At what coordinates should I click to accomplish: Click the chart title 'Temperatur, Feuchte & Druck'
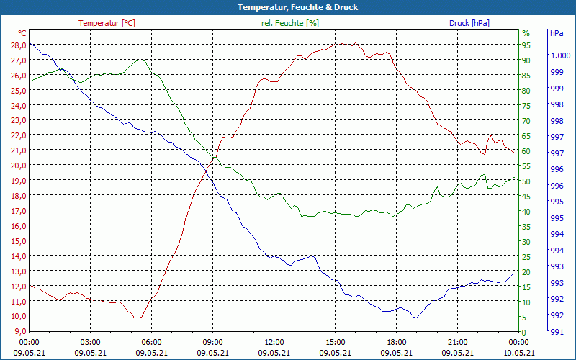click(287, 7)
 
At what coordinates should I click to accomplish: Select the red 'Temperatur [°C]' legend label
click(107, 23)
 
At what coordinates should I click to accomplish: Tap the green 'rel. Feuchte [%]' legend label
click(290, 23)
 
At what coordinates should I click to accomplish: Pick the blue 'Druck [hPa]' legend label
click(469, 23)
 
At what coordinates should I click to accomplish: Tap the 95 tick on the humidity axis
click(526, 45)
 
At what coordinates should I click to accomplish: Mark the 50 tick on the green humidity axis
click(526, 181)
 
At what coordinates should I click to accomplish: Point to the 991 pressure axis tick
click(556, 331)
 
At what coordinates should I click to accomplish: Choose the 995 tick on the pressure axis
click(556, 218)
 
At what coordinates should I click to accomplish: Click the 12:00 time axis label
click(274, 342)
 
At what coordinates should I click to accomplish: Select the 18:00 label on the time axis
click(396, 342)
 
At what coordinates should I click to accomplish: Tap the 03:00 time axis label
click(90, 342)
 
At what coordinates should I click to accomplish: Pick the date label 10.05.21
click(518, 353)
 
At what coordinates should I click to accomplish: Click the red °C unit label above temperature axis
click(22, 33)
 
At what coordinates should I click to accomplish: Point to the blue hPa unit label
click(556, 33)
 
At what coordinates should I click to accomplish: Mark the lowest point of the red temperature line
click(137, 318)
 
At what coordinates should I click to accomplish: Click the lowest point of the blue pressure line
click(415, 317)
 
